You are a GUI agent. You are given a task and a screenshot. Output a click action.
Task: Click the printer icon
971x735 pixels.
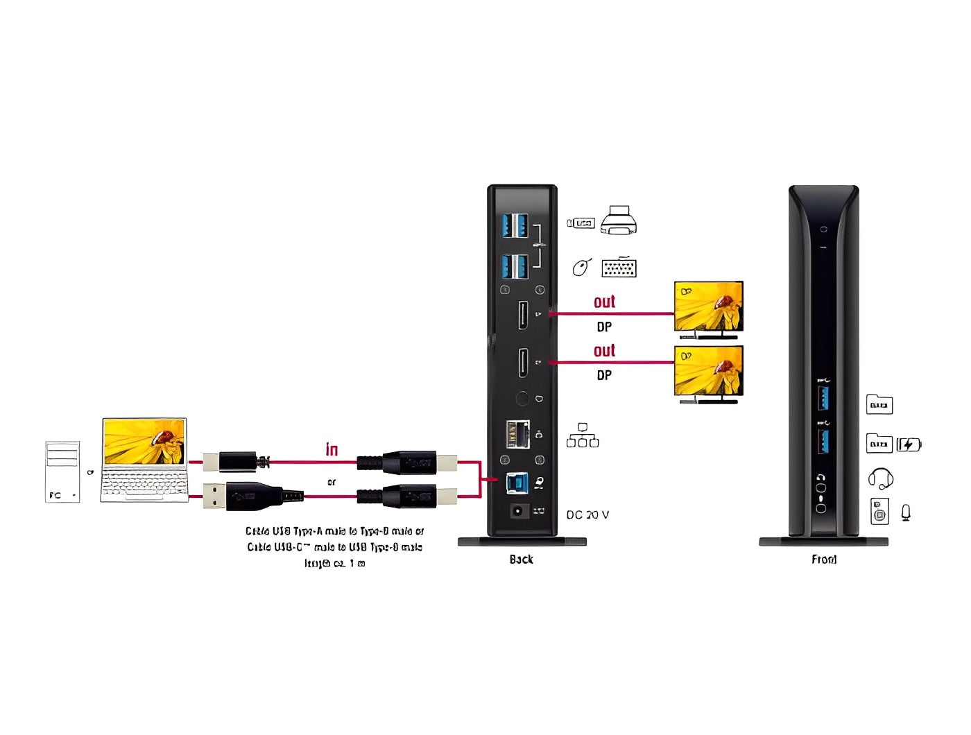tap(619, 220)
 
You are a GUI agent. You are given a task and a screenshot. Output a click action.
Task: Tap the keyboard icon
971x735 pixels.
tap(619, 268)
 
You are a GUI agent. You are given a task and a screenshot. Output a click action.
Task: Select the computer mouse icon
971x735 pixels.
tap(581, 267)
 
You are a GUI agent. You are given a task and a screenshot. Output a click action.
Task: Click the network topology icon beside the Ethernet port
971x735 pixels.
tap(583, 435)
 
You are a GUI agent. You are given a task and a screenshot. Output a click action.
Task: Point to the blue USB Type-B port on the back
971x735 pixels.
tap(517, 483)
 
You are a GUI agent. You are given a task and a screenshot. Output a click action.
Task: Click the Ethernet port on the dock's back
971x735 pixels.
tap(517, 434)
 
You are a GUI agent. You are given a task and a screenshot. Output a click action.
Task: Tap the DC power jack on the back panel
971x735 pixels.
tap(518, 512)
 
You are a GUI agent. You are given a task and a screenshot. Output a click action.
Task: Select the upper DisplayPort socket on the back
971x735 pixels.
tap(523, 315)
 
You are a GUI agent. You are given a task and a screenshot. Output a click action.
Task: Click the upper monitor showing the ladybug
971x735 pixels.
tap(709, 307)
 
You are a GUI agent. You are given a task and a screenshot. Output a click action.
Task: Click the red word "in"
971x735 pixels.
tap(332, 450)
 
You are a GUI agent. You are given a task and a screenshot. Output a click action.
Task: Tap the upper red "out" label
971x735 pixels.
tap(604, 302)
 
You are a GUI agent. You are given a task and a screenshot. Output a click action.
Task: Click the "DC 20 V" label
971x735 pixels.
tap(587, 515)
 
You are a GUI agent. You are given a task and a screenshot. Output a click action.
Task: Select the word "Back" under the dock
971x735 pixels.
tap(521, 560)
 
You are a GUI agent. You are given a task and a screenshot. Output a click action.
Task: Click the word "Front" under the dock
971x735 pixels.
tap(824, 560)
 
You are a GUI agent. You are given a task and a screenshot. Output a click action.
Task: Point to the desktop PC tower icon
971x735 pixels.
tap(62, 472)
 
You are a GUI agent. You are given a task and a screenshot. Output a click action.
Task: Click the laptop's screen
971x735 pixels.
tap(144, 441)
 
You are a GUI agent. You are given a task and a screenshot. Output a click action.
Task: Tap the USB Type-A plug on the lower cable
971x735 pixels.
tap(216, 496)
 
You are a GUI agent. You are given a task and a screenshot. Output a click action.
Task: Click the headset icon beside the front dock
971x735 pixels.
tap(880, 478)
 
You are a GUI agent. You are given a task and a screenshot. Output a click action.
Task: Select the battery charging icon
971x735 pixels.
tap(909, 444)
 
